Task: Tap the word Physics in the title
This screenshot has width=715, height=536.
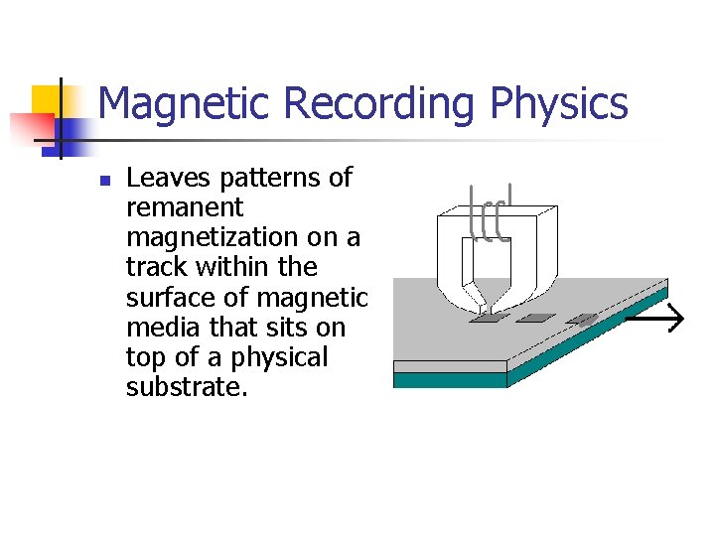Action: point(566,103)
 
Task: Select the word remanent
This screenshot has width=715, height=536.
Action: point(185,207)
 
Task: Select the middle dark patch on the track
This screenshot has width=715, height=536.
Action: point(536,319)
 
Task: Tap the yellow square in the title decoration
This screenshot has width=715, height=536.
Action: point(48,100)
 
